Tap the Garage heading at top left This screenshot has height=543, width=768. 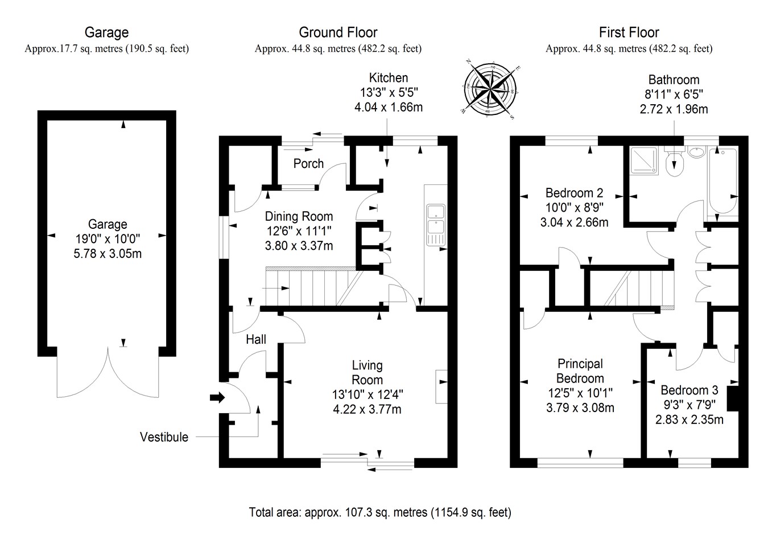point(106,32)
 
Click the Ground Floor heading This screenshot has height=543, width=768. point(338,32)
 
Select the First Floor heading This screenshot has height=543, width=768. point(629,32)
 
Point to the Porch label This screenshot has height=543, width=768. point(308,164)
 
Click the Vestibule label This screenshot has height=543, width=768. point(164,437)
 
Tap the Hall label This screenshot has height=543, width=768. point(256,340)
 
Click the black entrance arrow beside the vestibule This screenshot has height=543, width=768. point(217,398)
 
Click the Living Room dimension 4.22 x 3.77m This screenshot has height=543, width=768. point(367,409)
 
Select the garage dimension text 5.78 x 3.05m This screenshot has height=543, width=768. point(108,254)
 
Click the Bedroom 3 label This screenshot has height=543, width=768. point(689,390)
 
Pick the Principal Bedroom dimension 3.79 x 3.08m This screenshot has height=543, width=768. point(580,408)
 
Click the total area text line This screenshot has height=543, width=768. point(380,512)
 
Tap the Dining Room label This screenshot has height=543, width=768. point(299,216)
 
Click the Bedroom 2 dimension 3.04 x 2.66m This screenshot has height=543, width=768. point(574,222)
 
